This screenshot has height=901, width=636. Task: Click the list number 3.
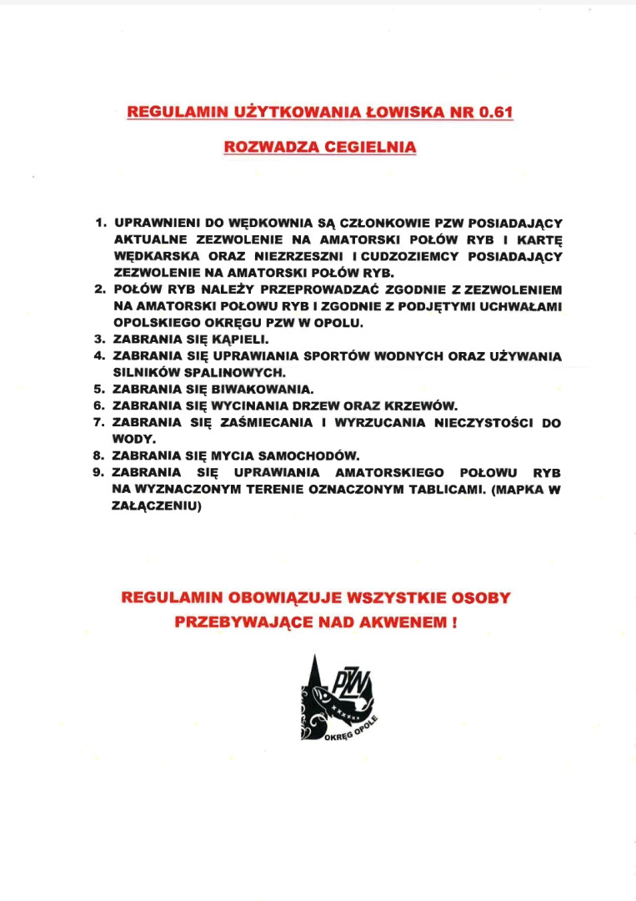(x=99, y=340)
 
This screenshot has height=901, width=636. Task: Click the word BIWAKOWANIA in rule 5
(x=265, y=389)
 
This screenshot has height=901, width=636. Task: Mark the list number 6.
(x=99, y=405)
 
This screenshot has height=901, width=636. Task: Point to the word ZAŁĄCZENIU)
(x=158, y=505)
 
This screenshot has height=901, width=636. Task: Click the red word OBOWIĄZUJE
(x=276, y=597)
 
